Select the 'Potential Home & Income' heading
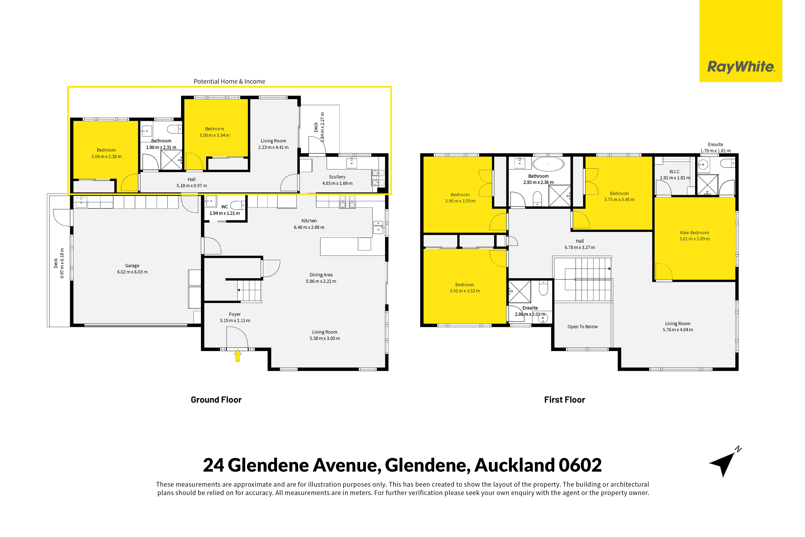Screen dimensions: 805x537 (229, 81)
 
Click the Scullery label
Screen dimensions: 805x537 (337, 177)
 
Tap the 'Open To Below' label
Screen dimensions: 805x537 (582, 327)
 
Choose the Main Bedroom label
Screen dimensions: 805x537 (694, 232)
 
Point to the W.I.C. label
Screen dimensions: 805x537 (675, 172)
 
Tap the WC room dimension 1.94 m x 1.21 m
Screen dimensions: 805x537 (225, 213)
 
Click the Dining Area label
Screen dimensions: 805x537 (321, 275)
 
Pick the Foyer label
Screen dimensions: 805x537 (235, 314)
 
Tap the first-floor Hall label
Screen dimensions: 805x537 (580, 241)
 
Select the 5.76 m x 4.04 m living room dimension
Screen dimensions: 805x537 (678, 330)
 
